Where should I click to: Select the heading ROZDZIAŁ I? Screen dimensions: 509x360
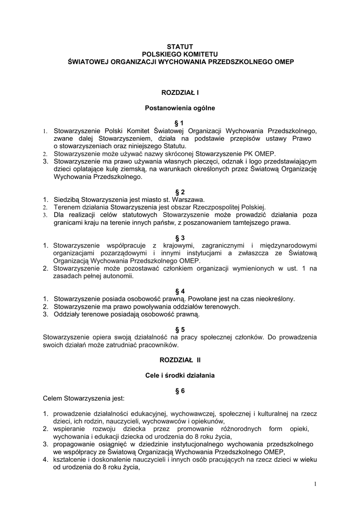[x=180, y=92]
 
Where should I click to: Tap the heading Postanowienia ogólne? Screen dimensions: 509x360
[x=180, y=107]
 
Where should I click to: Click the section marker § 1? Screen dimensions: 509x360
[x=180, y=123]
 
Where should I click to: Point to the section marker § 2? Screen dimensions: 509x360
[x=180, y=192]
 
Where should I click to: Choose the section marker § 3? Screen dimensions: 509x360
[x=180, y=238]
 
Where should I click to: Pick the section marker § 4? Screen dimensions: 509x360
[x=180, y=291]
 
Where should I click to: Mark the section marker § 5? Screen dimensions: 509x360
[x=180, y=329]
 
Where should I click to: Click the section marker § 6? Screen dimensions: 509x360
[x=180, y=391]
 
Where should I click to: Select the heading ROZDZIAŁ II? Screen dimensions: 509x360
[x=180, y=360]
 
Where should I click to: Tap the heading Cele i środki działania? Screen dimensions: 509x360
[x=180, y=375]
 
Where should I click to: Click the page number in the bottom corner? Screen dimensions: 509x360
[x=315, y=484]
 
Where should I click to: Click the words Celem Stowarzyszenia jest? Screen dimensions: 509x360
[x=84, y=398]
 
